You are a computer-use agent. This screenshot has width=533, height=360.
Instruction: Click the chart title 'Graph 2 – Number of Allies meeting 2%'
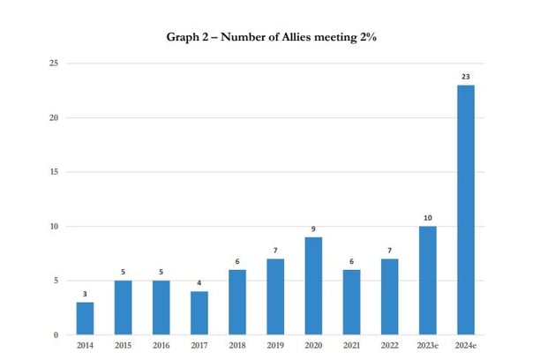[266, 37]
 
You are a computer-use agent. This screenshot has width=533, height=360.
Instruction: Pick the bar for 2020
[313, 286]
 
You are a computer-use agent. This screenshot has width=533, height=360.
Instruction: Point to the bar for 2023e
[427, 281]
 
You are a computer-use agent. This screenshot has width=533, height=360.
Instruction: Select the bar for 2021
[351, 303]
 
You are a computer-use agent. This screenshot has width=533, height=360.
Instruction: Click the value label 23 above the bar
[465, 78]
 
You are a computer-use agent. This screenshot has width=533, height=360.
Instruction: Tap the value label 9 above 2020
[313, 229]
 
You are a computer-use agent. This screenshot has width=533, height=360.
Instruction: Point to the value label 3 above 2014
[85, 295]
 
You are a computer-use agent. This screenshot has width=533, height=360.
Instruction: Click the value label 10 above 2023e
[427, 218]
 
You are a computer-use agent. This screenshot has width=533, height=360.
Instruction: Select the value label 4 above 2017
[199, 284]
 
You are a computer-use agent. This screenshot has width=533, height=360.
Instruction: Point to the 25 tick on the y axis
[54, 64]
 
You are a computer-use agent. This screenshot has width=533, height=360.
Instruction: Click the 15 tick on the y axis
[54, 172]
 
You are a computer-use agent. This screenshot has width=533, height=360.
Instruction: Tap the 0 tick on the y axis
[56, 334]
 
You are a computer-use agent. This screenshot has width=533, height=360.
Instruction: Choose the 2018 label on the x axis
[237, 347]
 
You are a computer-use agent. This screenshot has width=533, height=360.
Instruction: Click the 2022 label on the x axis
[389, 347]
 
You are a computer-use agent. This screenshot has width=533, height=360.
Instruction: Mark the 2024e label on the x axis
[465, 347]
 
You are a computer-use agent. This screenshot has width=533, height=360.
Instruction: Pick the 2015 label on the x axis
[123, 347]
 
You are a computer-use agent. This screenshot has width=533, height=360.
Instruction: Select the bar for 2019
[275, 297]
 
